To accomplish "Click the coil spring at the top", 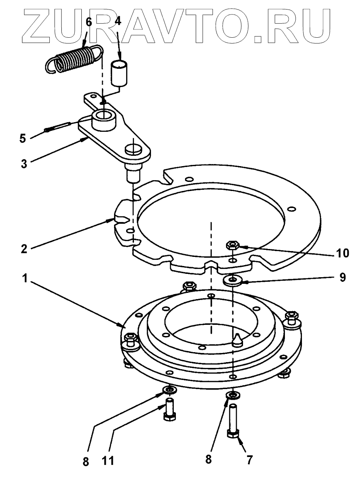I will (73, 59).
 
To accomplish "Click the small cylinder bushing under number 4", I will (119, 73).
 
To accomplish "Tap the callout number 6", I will (88, 22).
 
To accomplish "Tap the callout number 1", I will (24, 278).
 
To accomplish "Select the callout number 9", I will (343, 278).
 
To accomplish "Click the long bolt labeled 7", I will (233, 423).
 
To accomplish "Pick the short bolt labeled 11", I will (170, 410).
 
